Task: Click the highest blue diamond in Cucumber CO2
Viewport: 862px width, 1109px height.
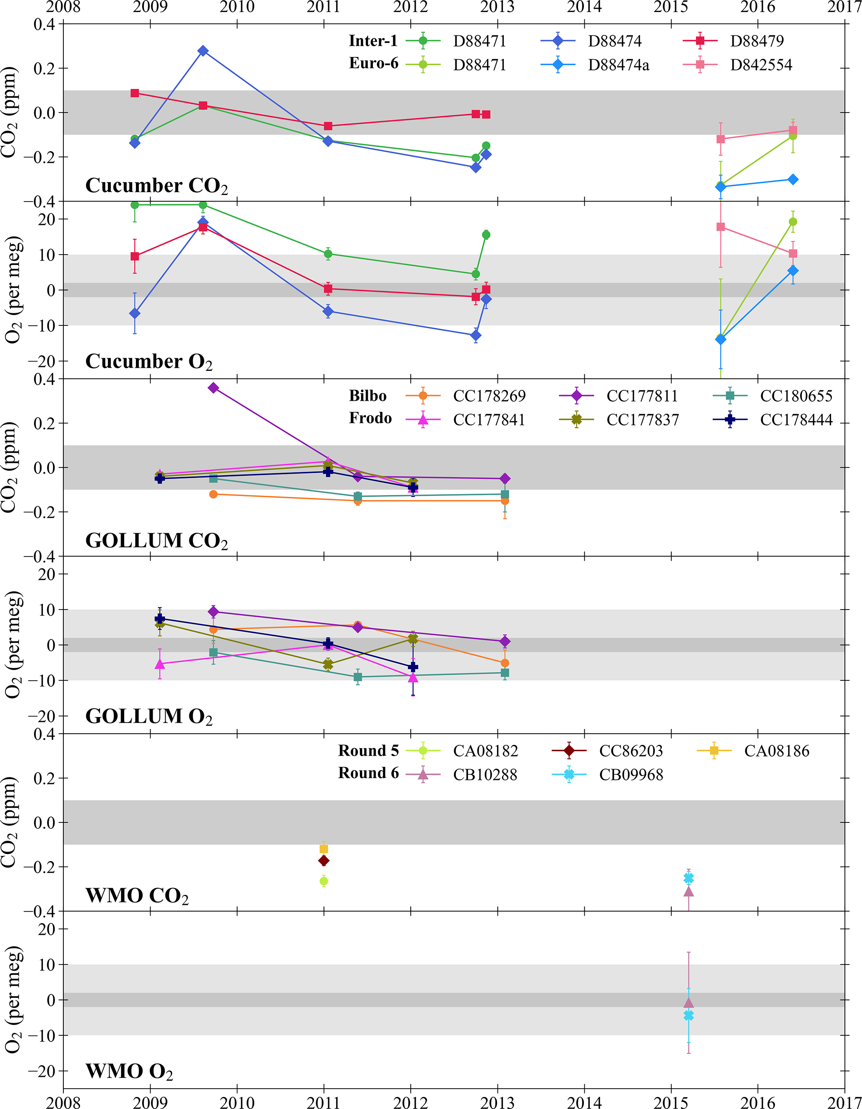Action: [x=203, y=51]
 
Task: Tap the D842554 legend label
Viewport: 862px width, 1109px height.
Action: [x=761, y=65]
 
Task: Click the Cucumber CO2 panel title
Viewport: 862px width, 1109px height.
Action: [x=156, y=186]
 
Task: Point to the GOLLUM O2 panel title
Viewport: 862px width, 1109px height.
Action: [x=149, y=717]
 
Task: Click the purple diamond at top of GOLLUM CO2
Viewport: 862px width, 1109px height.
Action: [x=214, y=388]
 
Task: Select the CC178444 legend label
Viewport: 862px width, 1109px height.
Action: [x=796, y=420]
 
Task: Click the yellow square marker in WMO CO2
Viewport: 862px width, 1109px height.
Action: [x=324, y=849]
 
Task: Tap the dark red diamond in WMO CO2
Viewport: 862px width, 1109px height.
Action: [x=324, y=861]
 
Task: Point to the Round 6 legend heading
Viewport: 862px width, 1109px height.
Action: [x=369, y=773]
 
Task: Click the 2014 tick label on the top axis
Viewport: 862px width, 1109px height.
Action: [x=584, y=7]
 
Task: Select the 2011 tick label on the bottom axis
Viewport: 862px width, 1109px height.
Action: [x=324, y=1102]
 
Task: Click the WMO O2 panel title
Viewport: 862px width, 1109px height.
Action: [x=129, y=1072]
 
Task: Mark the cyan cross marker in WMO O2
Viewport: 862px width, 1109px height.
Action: [x=689, y=1016]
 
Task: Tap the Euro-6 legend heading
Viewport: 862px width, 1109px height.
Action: [x=374, y=63]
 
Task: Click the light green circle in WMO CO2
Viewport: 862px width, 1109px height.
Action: [x=324, y=881]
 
